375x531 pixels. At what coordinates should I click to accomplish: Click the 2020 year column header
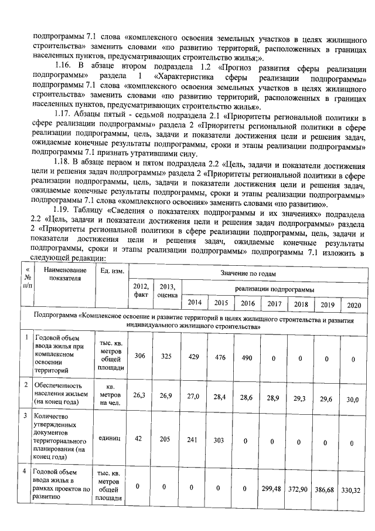(353, 305)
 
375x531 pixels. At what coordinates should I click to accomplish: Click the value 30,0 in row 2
(353, 399)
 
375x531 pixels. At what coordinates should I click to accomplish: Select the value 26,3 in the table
(139, 395)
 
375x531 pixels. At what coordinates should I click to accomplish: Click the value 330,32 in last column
(353, 489)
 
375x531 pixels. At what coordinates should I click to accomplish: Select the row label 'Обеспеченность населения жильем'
(59, 390)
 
